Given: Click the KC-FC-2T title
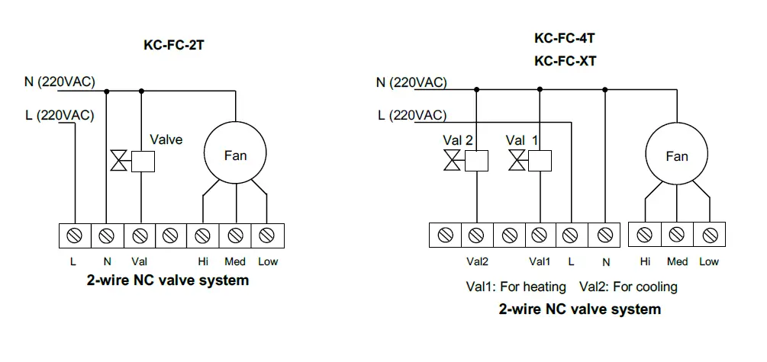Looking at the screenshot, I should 174,45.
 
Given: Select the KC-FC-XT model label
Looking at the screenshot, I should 566,61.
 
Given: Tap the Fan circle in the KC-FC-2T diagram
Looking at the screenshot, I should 235,155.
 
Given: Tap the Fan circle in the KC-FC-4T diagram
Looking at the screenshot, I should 676,156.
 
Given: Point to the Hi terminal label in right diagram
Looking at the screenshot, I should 645,261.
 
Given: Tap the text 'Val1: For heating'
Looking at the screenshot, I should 517,287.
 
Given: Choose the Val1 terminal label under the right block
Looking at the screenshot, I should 540,261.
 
